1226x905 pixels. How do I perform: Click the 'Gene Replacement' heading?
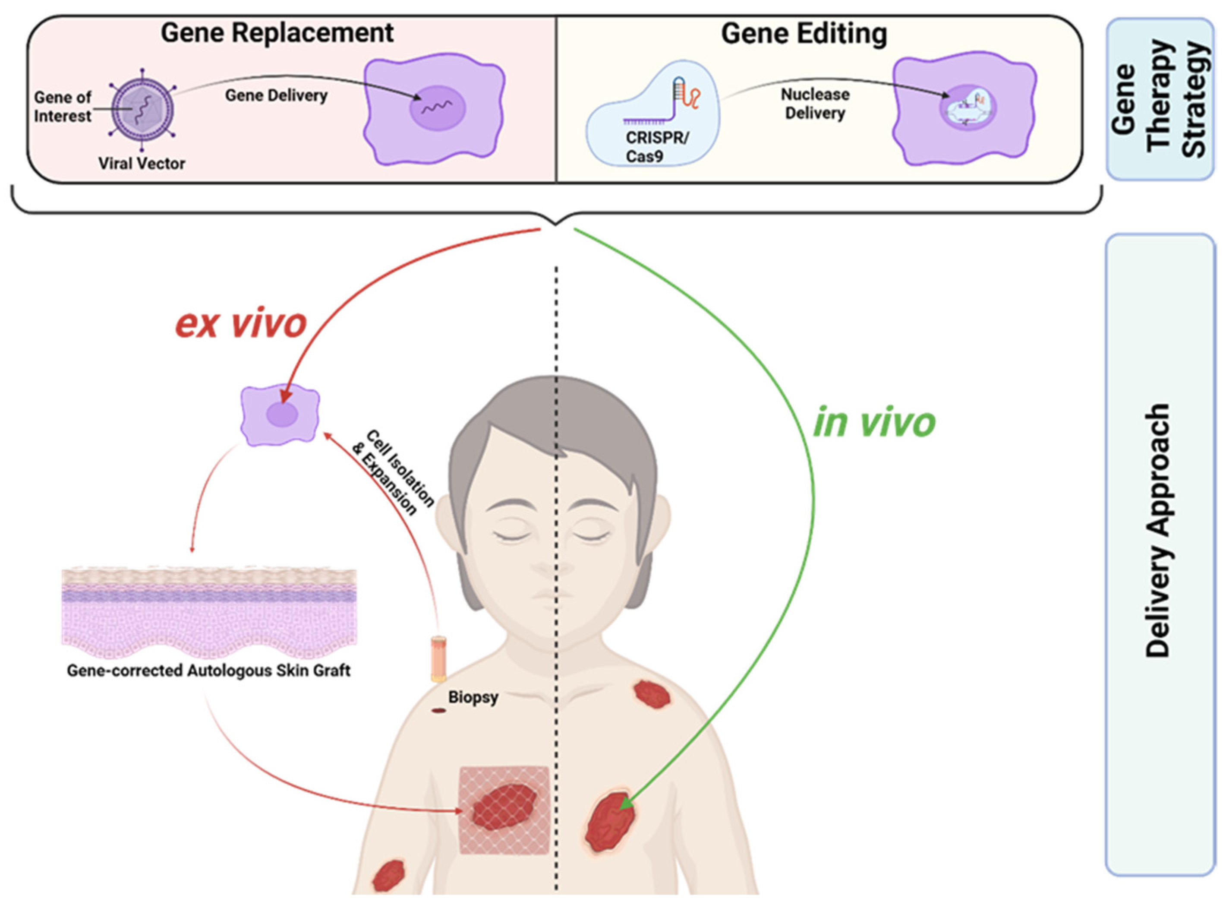(277, 33)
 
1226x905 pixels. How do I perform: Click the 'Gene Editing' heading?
(804, 34)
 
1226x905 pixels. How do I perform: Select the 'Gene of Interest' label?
(63, 107)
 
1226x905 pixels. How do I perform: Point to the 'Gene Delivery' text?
(277, 95)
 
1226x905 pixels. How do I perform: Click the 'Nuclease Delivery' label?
(815, 104)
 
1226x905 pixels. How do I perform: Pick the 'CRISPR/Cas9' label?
(657, 147)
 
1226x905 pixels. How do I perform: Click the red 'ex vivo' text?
(241, 324)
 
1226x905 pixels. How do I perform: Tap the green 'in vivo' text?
(874, 423)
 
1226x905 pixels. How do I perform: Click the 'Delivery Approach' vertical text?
(1158, 530)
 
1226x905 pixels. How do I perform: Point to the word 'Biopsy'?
(473, 697)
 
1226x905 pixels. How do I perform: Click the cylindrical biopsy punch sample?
(438, 658)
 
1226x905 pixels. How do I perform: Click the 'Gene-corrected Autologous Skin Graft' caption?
(208, 671)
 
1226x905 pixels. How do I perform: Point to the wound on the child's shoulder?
(652, 695)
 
